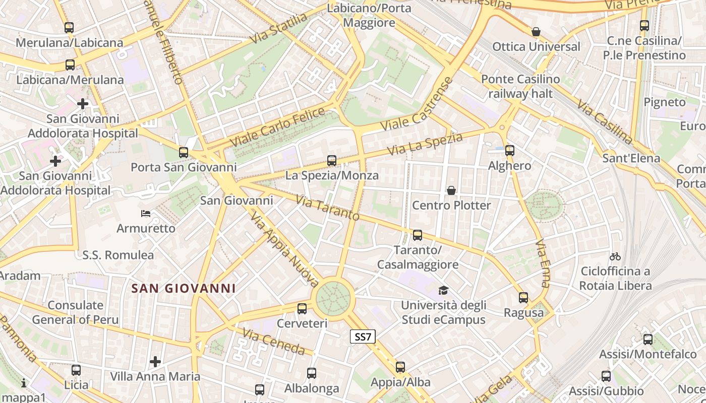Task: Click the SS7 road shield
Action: point(363,337)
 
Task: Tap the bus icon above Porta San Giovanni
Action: point(184,152)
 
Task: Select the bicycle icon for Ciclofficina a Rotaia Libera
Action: point(615,256)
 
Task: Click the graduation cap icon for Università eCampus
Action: point(443,290)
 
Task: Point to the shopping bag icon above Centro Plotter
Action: point(451,190)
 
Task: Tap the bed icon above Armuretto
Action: point(146,214)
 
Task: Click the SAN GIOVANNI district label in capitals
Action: point(184,289)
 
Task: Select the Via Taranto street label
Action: point(327,208)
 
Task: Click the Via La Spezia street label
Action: point(425,144)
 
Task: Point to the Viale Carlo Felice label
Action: point(280,127)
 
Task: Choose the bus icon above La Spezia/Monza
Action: point(331,161)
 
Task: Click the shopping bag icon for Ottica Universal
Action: point(536,32)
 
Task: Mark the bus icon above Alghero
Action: point(510,150)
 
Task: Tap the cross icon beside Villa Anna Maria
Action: point(155,362)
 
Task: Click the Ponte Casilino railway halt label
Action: point(520,86)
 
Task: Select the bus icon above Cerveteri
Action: point(302,309)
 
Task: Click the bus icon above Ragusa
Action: point(523,298)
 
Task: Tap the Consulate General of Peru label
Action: point(76,312)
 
